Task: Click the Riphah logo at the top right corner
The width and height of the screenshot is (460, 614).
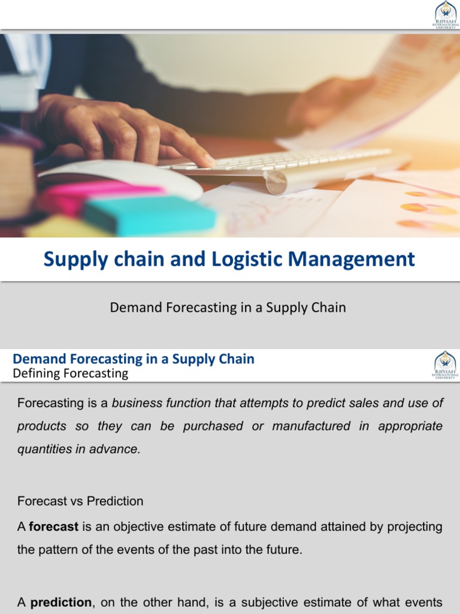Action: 445,14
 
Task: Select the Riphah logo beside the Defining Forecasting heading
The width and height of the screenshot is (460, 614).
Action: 445,365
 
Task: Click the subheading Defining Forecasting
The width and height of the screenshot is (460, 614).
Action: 71,374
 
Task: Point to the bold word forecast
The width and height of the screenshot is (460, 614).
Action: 54,527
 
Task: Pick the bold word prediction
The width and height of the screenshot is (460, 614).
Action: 61,603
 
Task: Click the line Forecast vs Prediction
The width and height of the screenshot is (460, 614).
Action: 80,501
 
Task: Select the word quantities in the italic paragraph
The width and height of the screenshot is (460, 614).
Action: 43,449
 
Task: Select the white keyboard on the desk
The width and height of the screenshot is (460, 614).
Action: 287,165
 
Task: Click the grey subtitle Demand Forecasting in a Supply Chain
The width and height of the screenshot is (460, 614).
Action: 228,308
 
